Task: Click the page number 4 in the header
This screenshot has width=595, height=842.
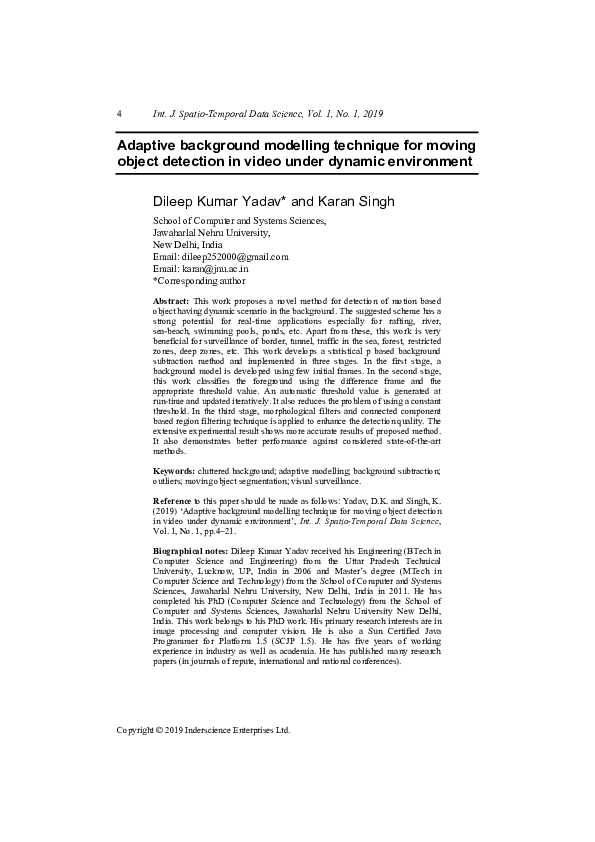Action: click(x=120, y=114)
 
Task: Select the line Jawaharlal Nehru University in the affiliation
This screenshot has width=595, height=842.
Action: click(x=211, y=232)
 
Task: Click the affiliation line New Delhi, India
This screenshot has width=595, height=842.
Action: click(x=187, y=244)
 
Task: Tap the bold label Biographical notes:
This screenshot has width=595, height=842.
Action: click(x=190, y=579)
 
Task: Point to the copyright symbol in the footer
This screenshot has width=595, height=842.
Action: click(x=165, y=730)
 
